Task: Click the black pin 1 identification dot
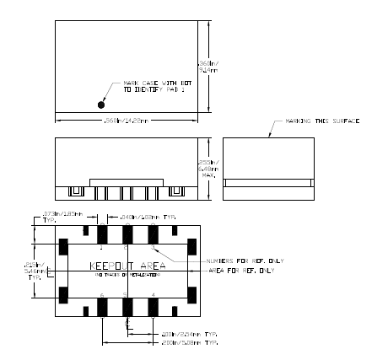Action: click(102, 105)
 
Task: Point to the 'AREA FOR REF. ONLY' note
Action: click(240, 271)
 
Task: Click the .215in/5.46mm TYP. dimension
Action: click(35, 269)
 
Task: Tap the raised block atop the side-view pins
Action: click(127, 180)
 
